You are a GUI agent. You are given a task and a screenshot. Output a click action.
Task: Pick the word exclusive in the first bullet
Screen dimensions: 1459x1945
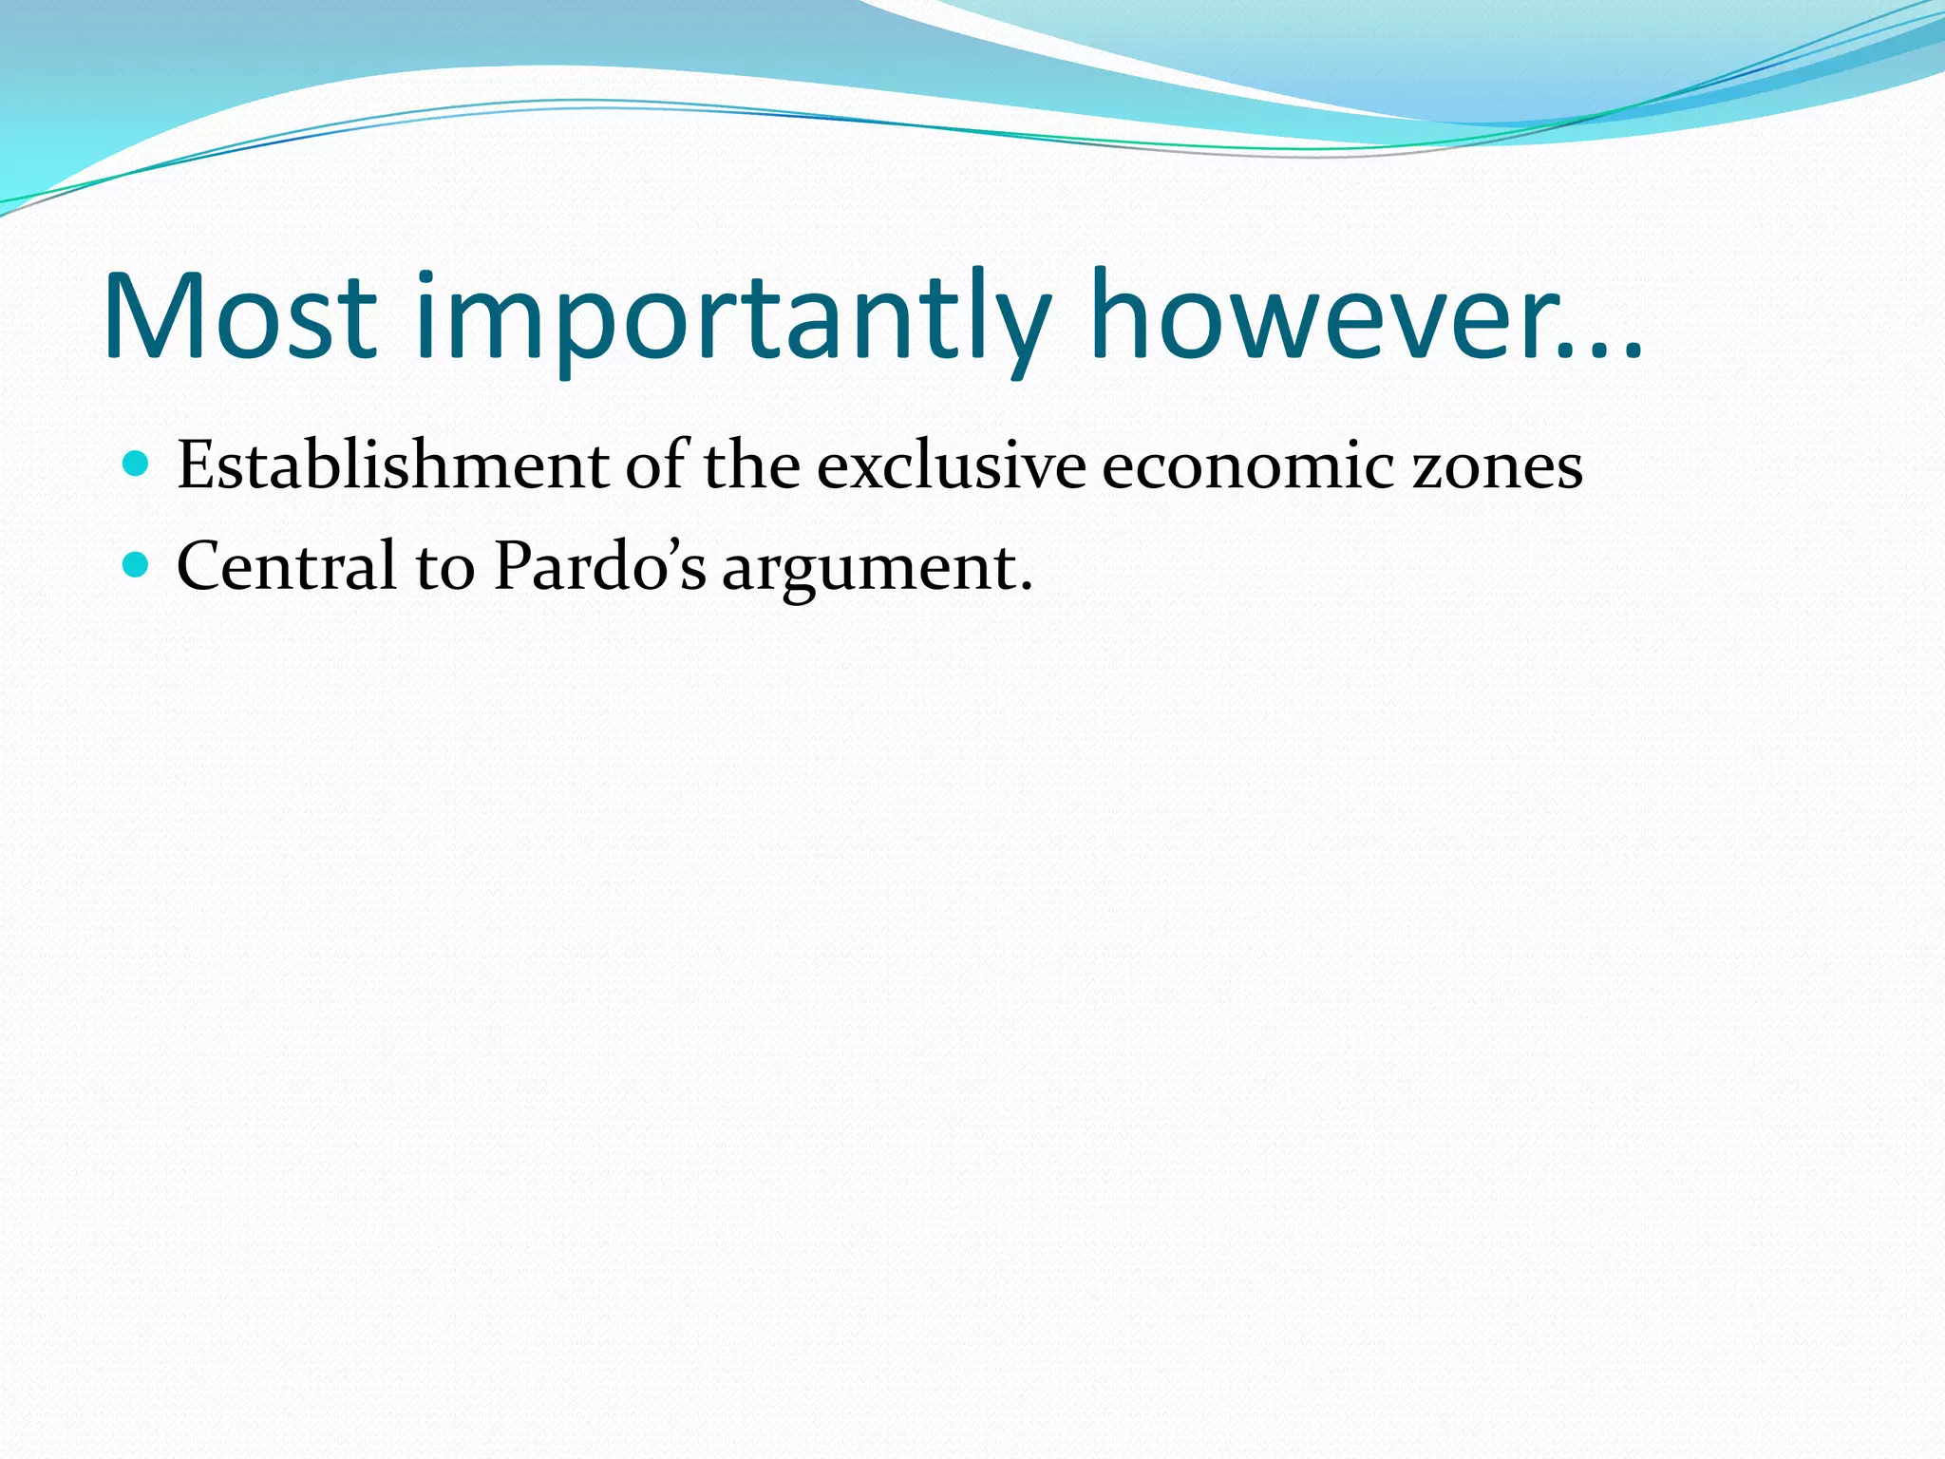(951, 465)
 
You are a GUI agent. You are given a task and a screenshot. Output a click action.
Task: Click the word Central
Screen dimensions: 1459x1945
(286, 566)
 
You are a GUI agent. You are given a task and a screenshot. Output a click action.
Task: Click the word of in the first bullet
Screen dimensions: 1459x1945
(656, 464)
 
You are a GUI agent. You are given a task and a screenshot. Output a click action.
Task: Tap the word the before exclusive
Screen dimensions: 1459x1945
(751, 465)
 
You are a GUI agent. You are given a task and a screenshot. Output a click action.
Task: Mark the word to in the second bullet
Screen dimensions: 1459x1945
(444, 568)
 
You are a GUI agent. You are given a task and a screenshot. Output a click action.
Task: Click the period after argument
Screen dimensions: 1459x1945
(1025, 586)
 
